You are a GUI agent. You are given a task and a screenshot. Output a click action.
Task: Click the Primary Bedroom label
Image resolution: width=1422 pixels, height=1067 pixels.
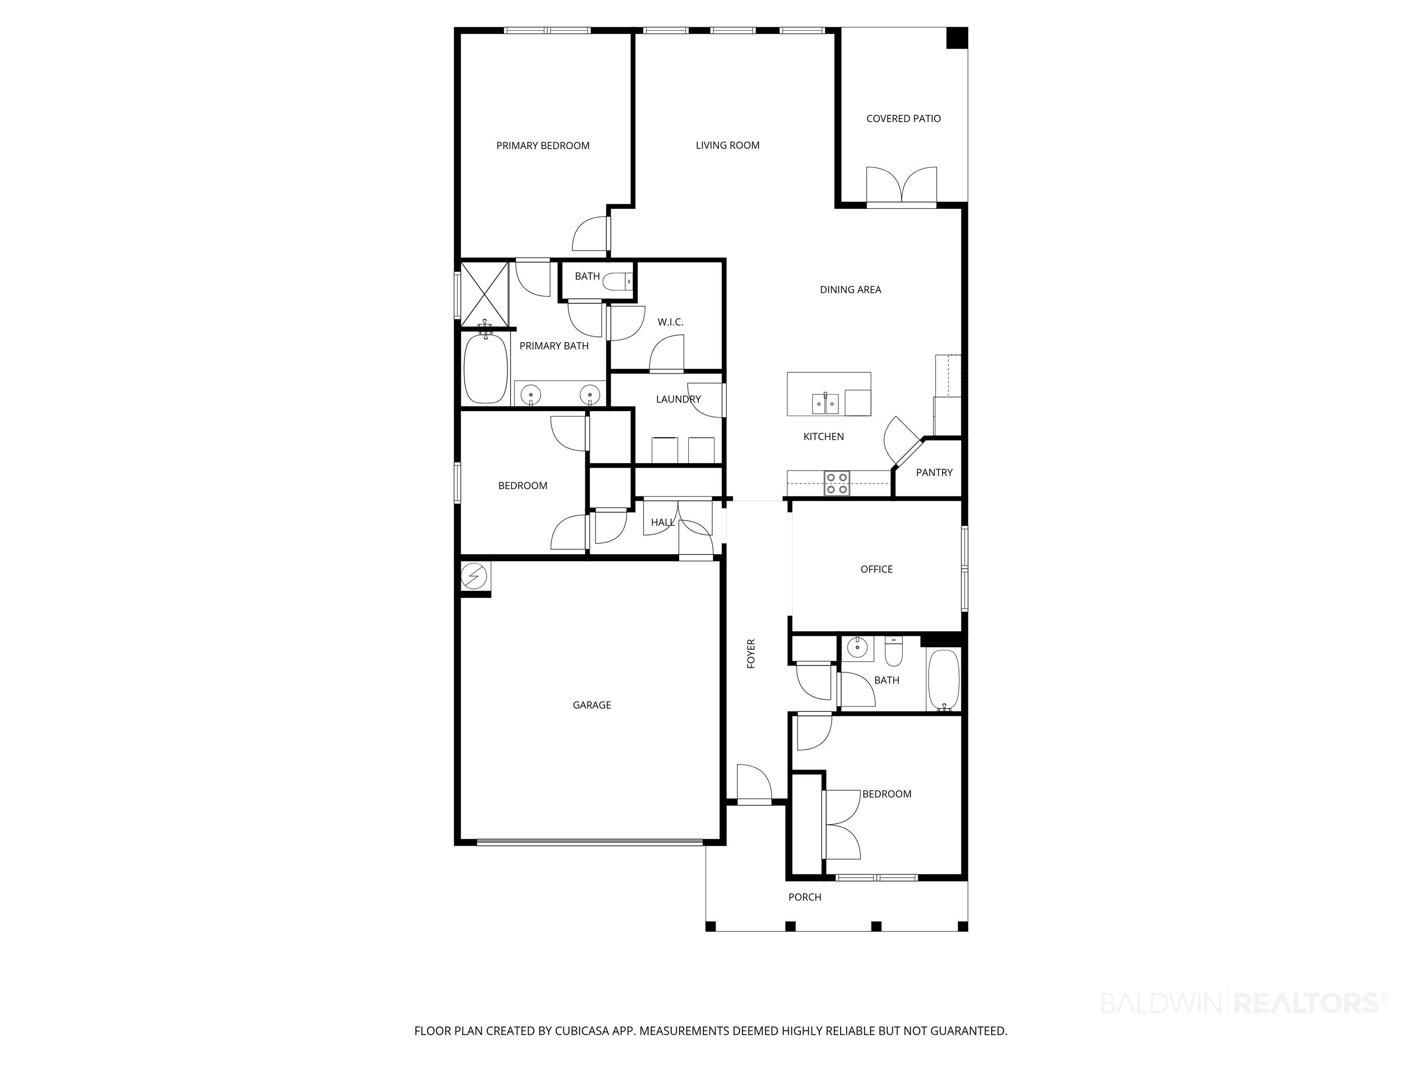(543, 146)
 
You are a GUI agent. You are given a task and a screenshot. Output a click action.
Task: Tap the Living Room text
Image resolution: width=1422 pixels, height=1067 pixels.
(727, 146)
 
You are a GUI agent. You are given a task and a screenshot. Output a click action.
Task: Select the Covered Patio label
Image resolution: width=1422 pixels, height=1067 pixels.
(903, 119)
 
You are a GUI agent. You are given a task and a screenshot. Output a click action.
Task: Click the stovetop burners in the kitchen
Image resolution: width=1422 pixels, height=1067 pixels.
(837, 483)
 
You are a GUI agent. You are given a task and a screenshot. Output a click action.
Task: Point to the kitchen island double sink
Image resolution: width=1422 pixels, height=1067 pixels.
(825, 404)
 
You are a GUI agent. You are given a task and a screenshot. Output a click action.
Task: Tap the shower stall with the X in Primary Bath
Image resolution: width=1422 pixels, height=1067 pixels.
(485, 293)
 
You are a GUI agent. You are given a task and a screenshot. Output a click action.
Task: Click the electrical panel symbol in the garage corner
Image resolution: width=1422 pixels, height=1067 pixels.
(474, 576)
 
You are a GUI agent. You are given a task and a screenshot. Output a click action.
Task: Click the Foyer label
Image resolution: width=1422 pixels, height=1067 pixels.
(751, 653)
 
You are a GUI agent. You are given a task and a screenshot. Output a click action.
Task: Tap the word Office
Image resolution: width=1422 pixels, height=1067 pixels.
(876, 569)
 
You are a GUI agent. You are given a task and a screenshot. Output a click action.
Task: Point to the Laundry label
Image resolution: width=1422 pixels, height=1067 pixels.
(678, 399)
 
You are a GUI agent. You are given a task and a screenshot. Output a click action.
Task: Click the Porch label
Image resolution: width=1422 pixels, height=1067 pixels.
(805, 897)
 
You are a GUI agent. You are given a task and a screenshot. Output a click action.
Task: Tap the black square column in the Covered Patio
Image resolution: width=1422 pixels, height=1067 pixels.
(957, 38)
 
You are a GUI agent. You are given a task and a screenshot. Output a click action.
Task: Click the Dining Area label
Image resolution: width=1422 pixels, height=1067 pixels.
(850, 290)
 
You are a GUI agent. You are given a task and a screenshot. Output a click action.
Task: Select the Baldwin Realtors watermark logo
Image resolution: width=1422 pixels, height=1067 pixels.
(1244, 1003)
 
